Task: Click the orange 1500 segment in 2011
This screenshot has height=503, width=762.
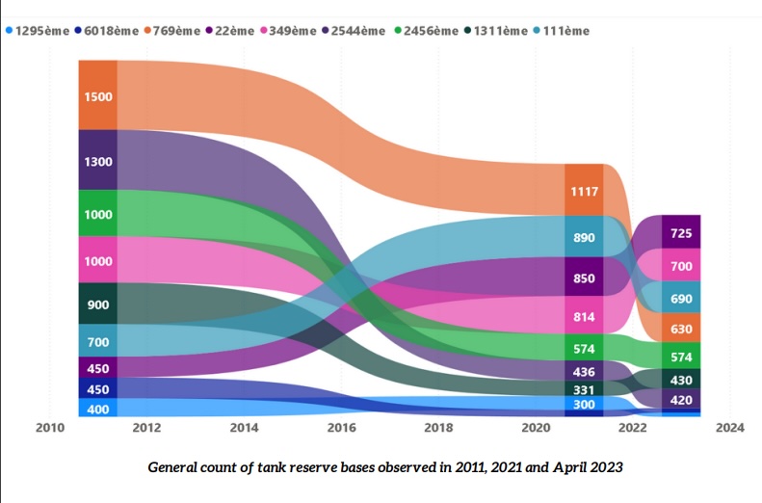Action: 98,95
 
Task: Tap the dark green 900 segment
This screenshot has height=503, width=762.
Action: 98,304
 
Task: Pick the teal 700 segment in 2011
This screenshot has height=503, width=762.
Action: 98,341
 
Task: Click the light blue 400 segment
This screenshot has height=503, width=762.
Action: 98,409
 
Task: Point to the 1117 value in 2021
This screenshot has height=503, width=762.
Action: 585,191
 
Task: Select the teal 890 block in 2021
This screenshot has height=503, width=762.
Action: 585,237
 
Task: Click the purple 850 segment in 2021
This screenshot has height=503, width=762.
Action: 585,278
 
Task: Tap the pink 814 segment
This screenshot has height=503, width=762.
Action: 585,316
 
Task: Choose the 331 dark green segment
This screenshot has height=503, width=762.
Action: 585,389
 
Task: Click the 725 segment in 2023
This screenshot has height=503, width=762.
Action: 681,233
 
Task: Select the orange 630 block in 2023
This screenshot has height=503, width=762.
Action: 681,329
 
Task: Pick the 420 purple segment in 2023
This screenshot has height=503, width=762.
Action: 681,400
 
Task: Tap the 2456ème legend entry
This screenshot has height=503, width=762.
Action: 426,31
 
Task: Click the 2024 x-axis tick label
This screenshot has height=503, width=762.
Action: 729,427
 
